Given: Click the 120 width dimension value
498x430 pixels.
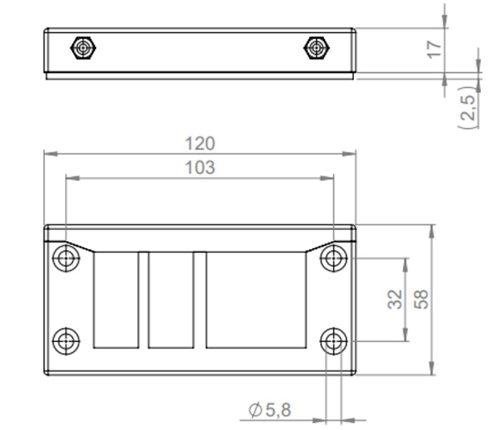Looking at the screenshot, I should click(200, 143).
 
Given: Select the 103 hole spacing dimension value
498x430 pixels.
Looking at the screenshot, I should click(200, 167).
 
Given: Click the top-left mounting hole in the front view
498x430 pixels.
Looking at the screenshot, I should click(66, 258).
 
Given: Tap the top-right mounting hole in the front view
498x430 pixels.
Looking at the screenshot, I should click(334, 258).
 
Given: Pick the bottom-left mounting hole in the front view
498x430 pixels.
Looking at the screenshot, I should click(66, 341).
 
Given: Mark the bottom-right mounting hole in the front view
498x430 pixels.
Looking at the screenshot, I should click(334, 341).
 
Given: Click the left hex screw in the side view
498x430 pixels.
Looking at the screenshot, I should click(82, 48).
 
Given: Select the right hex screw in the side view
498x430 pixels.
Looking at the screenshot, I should click(316, 48).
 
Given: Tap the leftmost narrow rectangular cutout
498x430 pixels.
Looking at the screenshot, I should click(116, 299).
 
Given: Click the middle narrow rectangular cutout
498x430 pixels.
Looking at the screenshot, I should click(171, 299).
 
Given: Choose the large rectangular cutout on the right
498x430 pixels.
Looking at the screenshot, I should click(256, 299).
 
